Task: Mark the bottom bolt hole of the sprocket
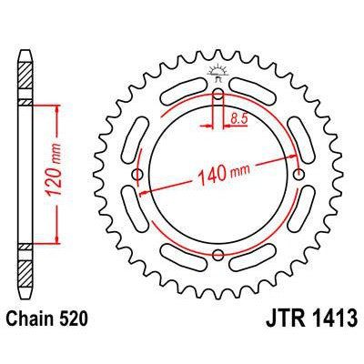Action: (x=218, y=255)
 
